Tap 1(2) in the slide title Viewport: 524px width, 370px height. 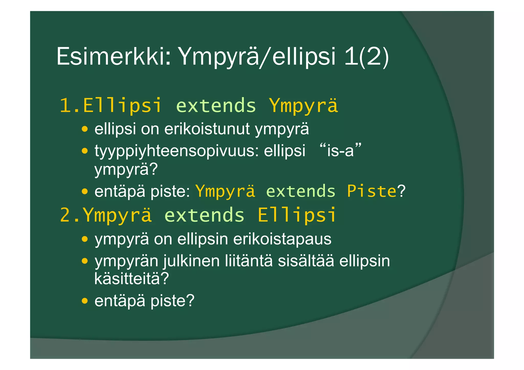pos(366,57)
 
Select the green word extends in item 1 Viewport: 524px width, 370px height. pos(216,106)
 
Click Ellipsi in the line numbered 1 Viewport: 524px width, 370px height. pos(123,106)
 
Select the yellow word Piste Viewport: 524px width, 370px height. pos(372,191)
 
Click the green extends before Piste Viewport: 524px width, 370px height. pos(301,191)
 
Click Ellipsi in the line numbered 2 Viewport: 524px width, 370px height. pos(297,215)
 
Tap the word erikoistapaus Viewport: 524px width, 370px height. pos(282,239)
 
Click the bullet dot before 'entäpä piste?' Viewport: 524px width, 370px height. pos(85,301)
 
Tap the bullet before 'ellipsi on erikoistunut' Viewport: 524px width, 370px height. pos(85,129)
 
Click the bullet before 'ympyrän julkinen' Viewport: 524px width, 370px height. pos(85,261)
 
